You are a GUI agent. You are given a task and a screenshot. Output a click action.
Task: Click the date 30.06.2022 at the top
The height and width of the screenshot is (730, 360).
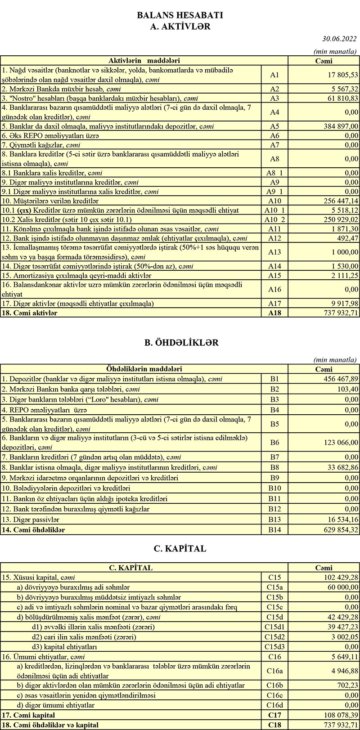coord(340,39)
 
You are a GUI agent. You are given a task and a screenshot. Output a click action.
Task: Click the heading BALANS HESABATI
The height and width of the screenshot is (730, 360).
coord(180,15)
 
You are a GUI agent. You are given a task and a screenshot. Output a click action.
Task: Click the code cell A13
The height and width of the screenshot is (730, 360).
coord(274,253)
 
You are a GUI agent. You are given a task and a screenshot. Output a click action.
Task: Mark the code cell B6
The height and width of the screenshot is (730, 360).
coord(274,443)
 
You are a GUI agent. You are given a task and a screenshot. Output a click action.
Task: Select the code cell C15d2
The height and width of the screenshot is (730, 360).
coord(274,637)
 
